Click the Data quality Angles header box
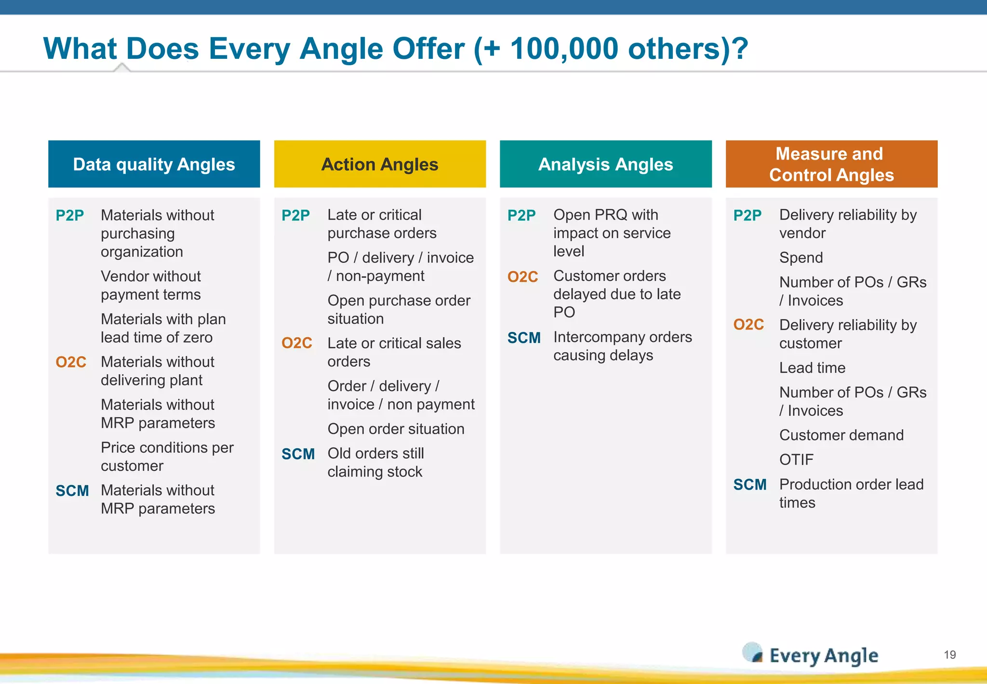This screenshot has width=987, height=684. click(154, 164)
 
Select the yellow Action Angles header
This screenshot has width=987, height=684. click(380, 164)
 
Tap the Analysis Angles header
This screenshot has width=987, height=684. click(605, 164)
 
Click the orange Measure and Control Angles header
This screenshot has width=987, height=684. click(831, 164)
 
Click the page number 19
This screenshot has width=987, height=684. click(949, 655)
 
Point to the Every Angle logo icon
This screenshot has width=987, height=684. click(752, 653)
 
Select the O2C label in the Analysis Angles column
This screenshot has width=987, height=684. click(522, 277)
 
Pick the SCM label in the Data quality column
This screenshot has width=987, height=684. click(72, 491)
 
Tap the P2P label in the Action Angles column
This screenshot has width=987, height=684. click(295, 215)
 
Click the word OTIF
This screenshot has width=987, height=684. click(796, 459)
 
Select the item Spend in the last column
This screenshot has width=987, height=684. click(800, 258)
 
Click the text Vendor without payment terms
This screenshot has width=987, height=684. click(151, 285)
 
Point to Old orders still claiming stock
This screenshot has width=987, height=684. click(375, 462)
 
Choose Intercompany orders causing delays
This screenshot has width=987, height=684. click(622, 346)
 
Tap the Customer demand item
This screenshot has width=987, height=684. click(841, 435)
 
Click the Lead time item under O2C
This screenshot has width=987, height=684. click(812, 368)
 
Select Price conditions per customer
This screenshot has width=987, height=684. click(167, 456)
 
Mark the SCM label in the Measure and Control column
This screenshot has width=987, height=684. click(749, 484)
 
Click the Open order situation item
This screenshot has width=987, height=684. click(396, 429)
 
